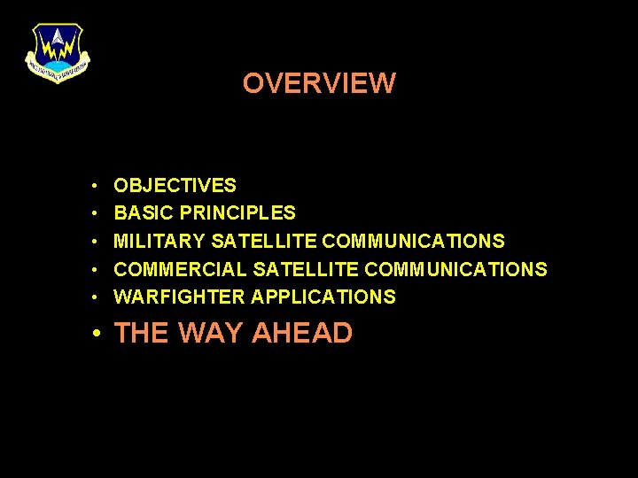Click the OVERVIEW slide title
[319, 83]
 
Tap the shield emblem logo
[58, 52]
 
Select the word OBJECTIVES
[175, 186]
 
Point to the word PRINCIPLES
[237, 213]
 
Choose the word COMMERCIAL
[181, 269]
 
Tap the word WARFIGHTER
[180, 297]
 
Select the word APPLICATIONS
[323, 297]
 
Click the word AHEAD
[302, 333]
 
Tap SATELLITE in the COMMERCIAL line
[306, 269]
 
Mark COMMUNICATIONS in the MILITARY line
[413, 241]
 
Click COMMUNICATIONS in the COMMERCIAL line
[455, 269]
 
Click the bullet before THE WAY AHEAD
[96, 334]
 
